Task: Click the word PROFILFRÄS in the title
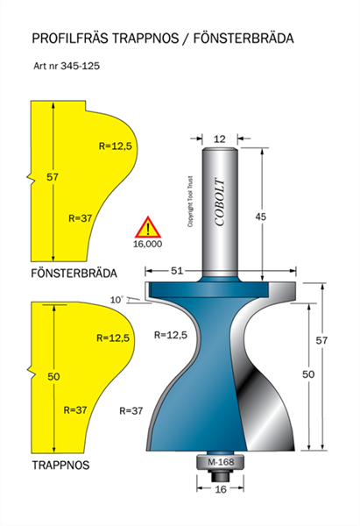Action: tap(70, 39)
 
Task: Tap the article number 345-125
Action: tap(80, 66)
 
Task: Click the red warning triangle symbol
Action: tap(148, 227)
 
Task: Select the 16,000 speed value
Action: tap(147, 244)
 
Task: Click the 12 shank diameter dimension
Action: tap(220, 139)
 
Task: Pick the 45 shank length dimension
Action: tap(261, 217)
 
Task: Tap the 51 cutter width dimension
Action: tap(177, 270)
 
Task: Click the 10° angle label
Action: tap(117, 300)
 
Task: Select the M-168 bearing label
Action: tap(221, 462)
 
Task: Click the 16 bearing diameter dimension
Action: tap(220, 489)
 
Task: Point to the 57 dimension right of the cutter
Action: tap(321, 340)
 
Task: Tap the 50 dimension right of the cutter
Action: tap(308, 374)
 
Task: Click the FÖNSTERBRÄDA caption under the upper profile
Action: tap(74, 274)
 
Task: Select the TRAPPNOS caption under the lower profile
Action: tap(61, 465)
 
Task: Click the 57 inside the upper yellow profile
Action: tap(53, 177)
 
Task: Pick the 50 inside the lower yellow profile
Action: tap(53, 376)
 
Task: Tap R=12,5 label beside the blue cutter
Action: tap(171, 335)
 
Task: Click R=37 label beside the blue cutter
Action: tap(131, 410)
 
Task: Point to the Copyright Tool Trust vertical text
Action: tap(190, 202)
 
